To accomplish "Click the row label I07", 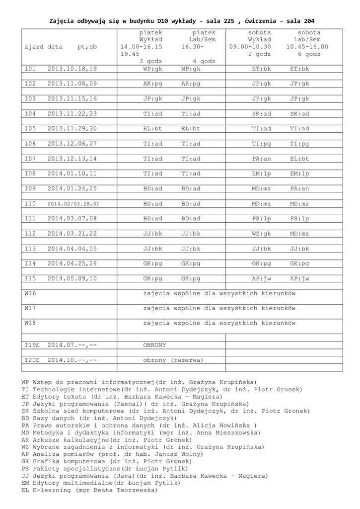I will (30, 159).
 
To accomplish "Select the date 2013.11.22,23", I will (72, 114).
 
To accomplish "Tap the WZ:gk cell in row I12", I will (261, 234).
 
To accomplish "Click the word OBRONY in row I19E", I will (154, 344).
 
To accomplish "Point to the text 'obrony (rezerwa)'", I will (173, 360).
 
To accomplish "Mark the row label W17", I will (30, 308).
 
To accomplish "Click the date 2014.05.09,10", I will (72, 278).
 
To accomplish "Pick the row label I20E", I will (32, 360).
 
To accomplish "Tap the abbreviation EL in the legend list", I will (25, 490).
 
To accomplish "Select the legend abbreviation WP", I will (25, 382).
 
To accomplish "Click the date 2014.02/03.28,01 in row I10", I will (73, 204).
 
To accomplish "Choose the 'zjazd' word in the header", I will (34, 47).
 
